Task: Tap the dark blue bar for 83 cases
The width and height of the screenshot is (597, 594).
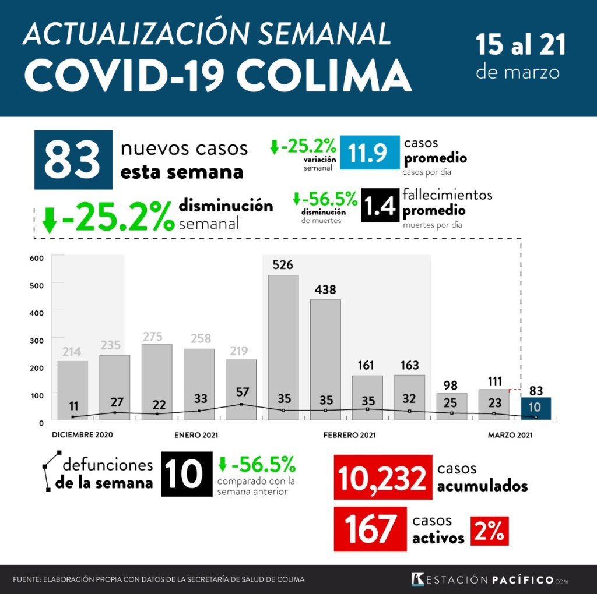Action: pyautogui.click(x=536, y=408)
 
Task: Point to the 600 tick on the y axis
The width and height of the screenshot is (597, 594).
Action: pyautogui.click(x=37, y=258)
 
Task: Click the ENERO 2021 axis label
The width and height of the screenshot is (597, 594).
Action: pyautogui.click(x=196, y=435)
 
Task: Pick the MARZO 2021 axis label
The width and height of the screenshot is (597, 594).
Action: pyautogui.click(x=510, y=435)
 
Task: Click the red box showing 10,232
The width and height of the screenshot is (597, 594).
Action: pyautogui.click(x=382, y=478)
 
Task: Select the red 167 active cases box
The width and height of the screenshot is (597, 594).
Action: pyautogui.click(x=370, y=529)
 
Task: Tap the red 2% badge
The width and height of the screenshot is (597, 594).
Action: pyautogui.click(x=490, y=531)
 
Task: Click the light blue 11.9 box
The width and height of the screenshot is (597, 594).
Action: pyautogui.click(x=370, y=153)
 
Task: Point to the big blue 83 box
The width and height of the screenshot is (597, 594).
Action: pyautogui.click(x=73, y=160)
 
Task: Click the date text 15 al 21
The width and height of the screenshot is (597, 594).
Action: pyautogui.click(x=521, y=45)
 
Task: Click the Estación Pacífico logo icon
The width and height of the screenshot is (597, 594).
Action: pyautogui.click(x=417, y=579)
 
